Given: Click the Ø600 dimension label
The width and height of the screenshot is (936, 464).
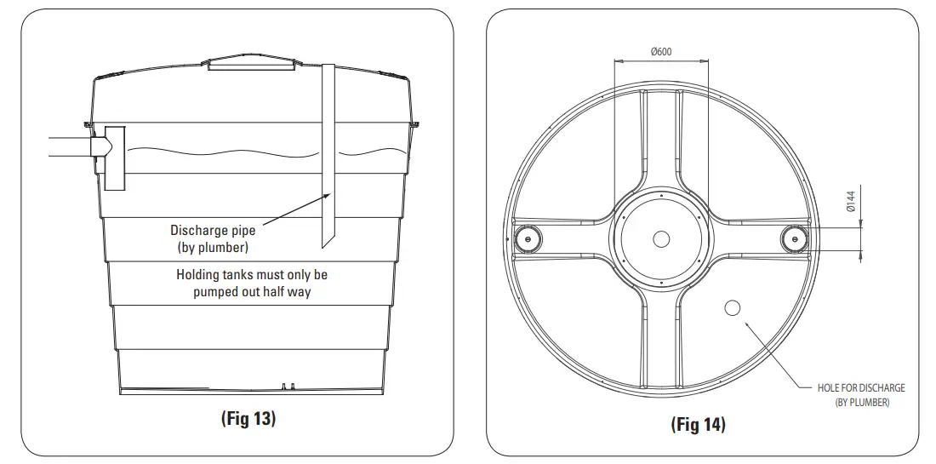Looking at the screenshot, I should tap(661, 51).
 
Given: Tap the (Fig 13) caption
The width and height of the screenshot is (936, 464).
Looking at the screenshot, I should tap(248, 418).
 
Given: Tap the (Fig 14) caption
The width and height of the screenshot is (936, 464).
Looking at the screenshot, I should tap(698, 424).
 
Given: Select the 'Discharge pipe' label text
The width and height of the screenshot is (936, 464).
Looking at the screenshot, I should tap(213, 231).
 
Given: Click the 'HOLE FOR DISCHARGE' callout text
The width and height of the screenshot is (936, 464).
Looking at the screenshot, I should tap(861, 388).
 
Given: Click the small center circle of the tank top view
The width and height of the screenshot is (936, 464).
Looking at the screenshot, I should tap(660, 239).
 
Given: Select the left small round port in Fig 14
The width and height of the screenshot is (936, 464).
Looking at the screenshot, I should tap(528, 239).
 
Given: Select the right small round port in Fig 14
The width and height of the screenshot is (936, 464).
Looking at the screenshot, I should tap(794, 239).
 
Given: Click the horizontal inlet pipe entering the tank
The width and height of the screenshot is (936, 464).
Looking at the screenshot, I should tap(68, 147).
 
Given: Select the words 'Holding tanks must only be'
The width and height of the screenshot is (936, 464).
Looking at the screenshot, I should tap(252, 275).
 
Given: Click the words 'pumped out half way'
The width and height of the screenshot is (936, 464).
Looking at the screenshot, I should tap(252, 291).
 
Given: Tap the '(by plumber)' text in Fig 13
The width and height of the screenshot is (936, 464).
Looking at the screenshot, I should tap(213, 247).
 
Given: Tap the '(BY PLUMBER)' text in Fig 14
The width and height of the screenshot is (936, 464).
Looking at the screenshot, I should tap(862, 403).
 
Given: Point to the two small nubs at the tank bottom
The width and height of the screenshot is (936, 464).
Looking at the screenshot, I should tap(288, 386).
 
